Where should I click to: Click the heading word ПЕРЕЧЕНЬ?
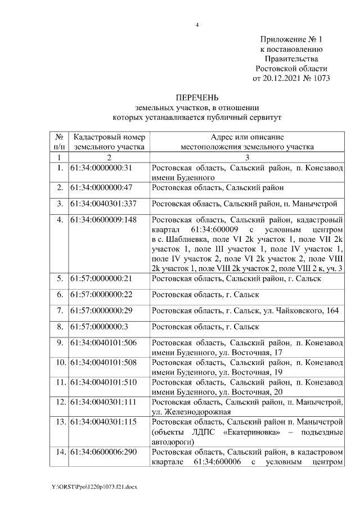point(197,98)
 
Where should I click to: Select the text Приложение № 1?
point(291,39)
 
